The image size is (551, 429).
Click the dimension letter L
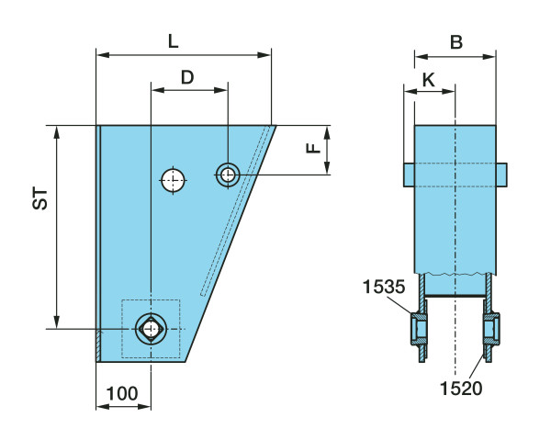point(174,40)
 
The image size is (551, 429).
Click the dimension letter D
point(187,77)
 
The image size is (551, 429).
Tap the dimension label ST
point(40,200)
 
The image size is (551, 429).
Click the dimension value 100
point(121,393)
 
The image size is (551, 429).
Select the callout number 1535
point(382,286)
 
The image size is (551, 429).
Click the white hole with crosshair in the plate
point(172,180)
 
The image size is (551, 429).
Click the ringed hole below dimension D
point(227,173)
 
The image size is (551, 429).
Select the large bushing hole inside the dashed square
point(150,328)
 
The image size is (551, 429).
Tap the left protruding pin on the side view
point(409,173)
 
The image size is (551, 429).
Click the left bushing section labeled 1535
point(421,328)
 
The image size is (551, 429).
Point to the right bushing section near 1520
point(491,328)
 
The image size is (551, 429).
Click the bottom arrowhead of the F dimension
point(327,168)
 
